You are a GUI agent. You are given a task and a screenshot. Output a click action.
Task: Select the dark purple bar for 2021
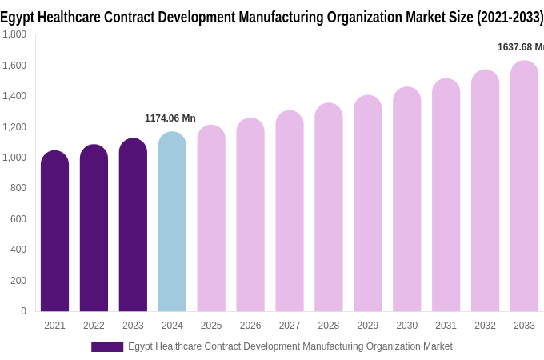tap(54, 232)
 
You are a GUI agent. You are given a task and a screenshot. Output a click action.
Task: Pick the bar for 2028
tap(328, 208)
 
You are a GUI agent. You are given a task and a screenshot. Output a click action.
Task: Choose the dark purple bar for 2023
tap(133, 226)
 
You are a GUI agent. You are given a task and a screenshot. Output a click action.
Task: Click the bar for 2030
tap(406, 200)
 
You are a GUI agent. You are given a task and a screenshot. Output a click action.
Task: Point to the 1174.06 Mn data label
tap(170, 118)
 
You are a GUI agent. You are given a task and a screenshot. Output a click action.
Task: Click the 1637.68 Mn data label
tap(520, 47)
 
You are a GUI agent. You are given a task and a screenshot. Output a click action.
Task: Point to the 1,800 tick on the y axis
tap(14, 34)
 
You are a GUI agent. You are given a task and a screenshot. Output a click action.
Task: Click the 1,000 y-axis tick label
tap(14, 158)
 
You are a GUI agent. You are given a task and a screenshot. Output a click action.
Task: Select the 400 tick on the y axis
tap(18, 250)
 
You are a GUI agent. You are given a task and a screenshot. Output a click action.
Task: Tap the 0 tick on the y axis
tap(23, 311)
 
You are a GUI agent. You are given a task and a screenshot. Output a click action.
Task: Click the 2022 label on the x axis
tap(94, 326)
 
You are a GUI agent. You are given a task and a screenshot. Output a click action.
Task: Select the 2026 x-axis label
tap(250, 326)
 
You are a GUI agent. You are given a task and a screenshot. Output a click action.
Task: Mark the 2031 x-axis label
tap(446, 326)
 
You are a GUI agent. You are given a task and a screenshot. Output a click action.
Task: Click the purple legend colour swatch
tap(107, 347)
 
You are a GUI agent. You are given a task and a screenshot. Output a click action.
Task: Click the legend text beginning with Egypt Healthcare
tap(290, 346)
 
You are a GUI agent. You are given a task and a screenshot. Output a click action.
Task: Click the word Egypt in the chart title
tap(15, 17)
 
